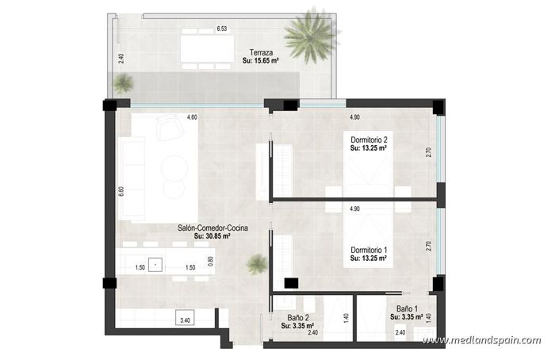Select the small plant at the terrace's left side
pyautogui.click(x=123, y=82)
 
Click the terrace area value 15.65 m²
pyautogui.click(x=266, y=60)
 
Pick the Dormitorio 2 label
pyautogui.click(x=369, y=139)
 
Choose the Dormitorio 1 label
pyautogui.click(x=369, y=249)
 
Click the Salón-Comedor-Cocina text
pyautogui.click(x=212, y=228)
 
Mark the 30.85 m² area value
pyautogui.click(x=212, y=236)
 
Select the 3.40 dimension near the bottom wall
pyautogui.click(x=185, y=320)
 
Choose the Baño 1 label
pyautogui.click(x=406, y=309)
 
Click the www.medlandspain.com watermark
pyautogui.click(x=481, y=341)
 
